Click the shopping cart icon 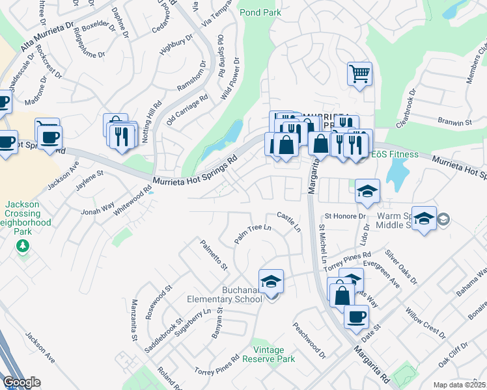tap(359, 74)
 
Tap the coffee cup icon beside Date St tap(355, 317)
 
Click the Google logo tap(21, 382)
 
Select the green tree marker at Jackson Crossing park tap(23, 246)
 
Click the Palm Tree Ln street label tap(252, 234)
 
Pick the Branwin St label tap(454, 122)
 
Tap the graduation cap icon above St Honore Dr tap(367, 191)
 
